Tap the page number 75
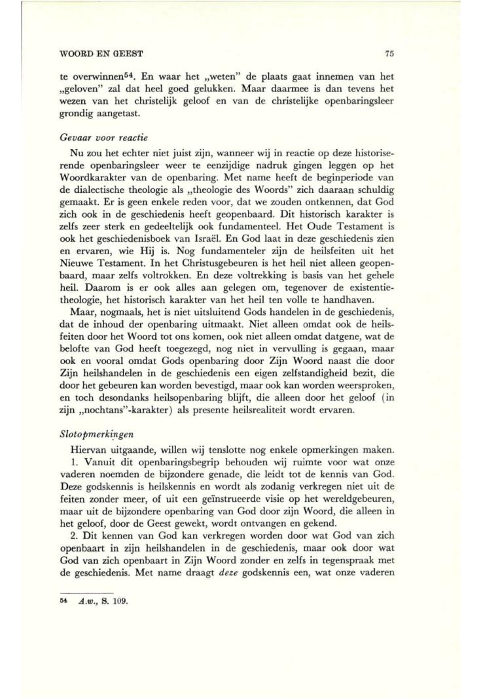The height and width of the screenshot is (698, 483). [x=391, y=53]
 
